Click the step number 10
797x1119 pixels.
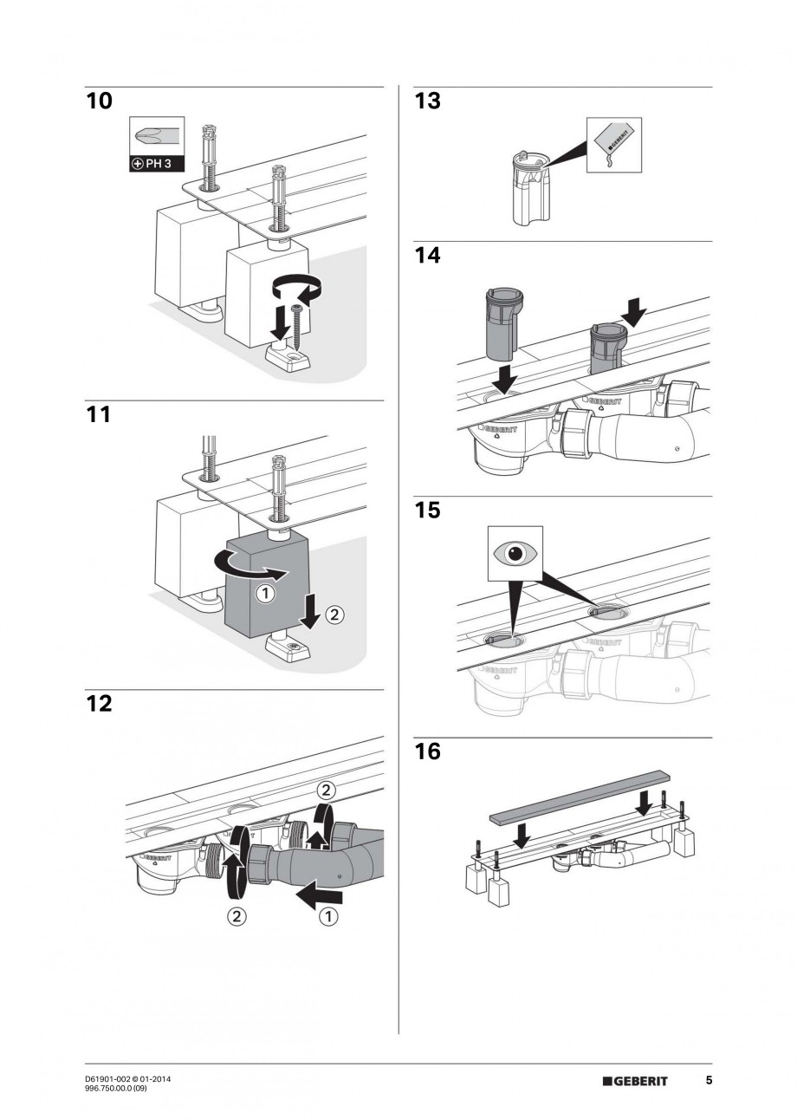click(x=100, y=101)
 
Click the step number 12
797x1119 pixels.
click(x=100, y=703)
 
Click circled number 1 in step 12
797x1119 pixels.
click(x=327, y=916)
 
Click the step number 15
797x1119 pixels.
click(x=427, y=510)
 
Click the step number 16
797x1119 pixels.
click(x=427, y=751)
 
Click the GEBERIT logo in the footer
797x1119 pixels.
click(x=636, y=1081)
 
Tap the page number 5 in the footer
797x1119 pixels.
click(x=709, y=1081)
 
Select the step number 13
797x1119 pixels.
click(x=427, y=101)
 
